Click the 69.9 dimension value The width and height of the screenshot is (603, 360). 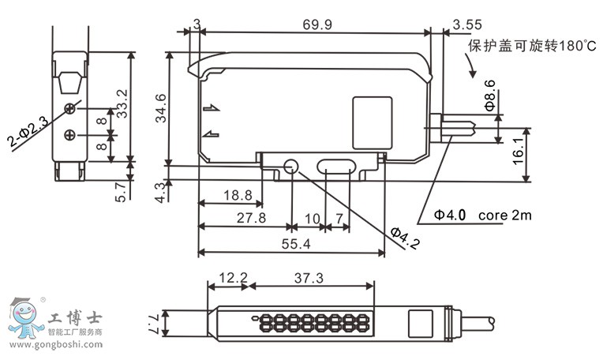point(317,24)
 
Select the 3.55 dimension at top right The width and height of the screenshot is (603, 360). point(468,25)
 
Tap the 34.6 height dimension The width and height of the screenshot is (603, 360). point(161,107)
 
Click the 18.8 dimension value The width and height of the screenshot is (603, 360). point(237,194)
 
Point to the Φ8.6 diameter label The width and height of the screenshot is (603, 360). point(489,94)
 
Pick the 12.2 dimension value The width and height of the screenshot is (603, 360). point(233,278)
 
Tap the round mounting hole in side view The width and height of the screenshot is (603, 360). point(291,166)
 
